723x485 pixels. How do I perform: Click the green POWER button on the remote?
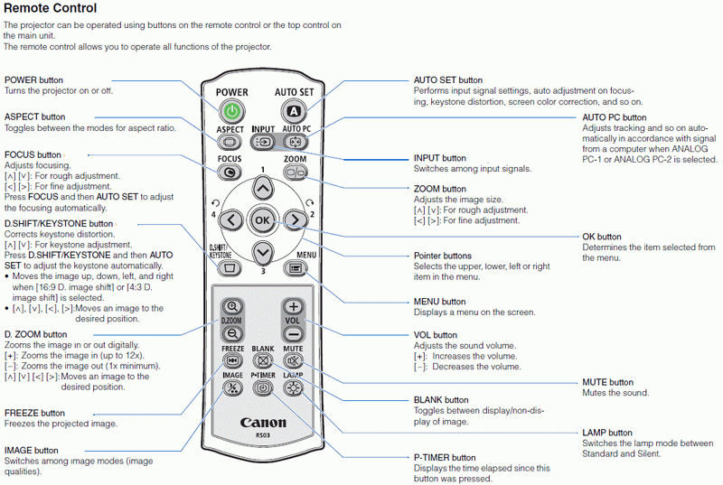(x=232, y=111)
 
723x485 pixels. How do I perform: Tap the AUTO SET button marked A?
(x=293, y=111)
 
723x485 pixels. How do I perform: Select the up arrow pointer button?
(x=262, y=188)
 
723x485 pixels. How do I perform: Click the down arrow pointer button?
(x=262, y=252)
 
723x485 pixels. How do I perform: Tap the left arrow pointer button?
(x=230, y=219)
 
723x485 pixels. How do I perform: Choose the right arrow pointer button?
(x=294, y=219)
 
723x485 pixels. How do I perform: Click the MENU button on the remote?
(x=295, y=268)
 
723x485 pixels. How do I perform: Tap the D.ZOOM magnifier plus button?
(x=232, y=306)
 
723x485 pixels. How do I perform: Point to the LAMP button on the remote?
(x=293, y=388)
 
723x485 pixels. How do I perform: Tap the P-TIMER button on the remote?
(x=263, y=388)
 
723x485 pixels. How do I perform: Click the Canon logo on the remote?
(x=263, y=423)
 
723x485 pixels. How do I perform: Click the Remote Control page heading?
(x=51, y=9)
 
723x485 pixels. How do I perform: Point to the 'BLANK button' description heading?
(x=441, y=399)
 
